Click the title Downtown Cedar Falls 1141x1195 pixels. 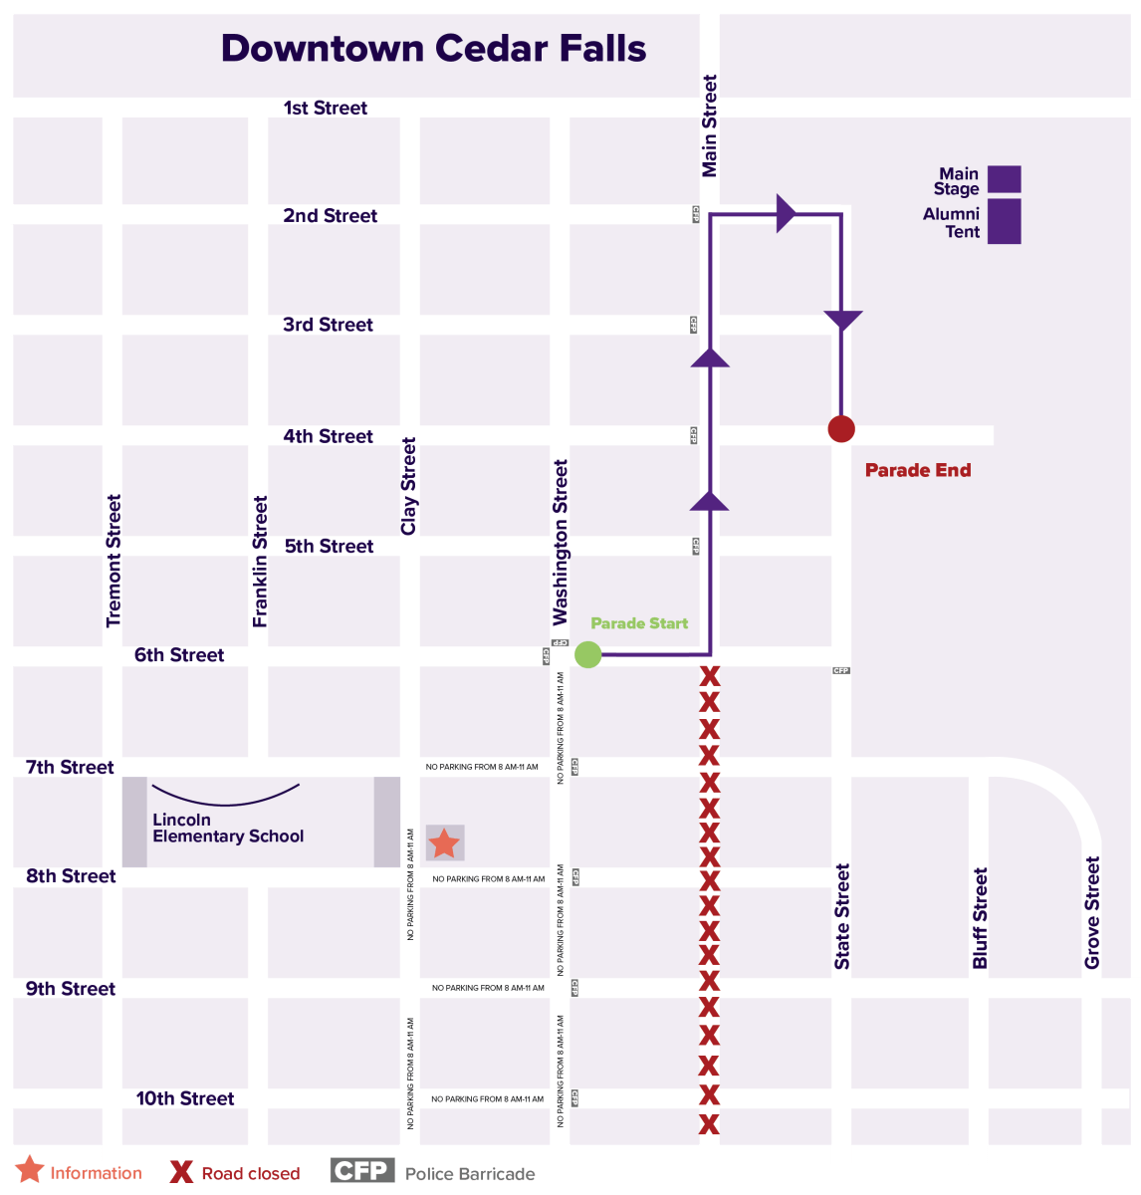(x=433, y=48)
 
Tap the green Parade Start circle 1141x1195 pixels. (x=588, y=654)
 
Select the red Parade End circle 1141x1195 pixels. (x=841, y=428)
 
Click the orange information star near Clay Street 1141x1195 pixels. (x=444, y=843)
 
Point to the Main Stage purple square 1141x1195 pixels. (x=1004, y=179)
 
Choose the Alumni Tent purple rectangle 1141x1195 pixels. (x=1004, y=221)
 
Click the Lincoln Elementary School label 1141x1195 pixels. (x=227, y=829)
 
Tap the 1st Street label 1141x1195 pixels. (x=326, y=108)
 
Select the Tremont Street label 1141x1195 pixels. (x=114, y=561)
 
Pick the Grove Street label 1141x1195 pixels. (x=1092, y=912)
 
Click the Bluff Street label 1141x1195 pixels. (x=980, y=918)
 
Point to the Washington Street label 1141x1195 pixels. (x=561, y=542)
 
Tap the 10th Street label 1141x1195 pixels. (x=185, y=1098)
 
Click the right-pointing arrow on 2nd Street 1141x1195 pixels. (x=786, y=213)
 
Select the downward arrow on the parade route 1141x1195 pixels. (x=842, y=321)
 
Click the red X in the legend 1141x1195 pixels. (x=181, y=1172)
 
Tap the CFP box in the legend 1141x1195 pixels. (x=360, y=1170)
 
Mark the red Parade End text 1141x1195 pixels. (x=917, y=470)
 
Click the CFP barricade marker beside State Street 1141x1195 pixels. (x=841, y=670)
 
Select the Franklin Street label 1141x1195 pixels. (x=260, y=562)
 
